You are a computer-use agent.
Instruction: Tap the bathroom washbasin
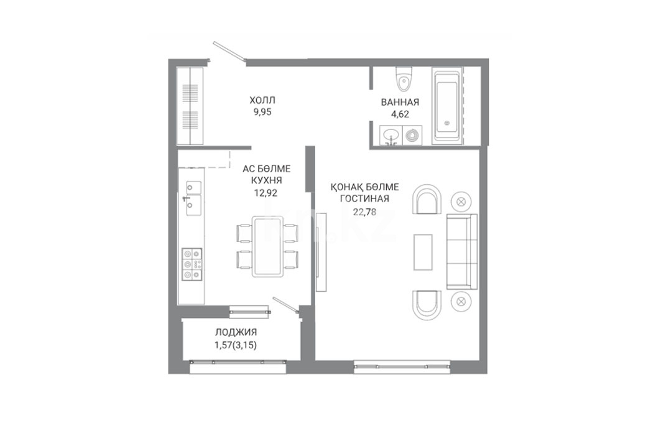(x=391, y=136)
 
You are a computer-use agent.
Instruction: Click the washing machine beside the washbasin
(x=412, y=136)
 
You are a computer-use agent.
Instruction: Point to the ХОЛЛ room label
(x=262, y=100)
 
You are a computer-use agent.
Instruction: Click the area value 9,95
(x=262, y=112)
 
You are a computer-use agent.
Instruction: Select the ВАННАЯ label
(x=400, y=102)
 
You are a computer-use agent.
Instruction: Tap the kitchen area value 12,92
(x=266, y=193)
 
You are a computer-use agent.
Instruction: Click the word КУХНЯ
(x=266, y=180)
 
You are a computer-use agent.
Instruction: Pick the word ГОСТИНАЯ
(x=364, y=198)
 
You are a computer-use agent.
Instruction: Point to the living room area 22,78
(x=364, y=211)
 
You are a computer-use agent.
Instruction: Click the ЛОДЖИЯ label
(x=236, y=332)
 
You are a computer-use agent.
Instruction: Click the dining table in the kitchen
(x=267, y=247)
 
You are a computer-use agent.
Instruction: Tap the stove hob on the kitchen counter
(x=192, y=265)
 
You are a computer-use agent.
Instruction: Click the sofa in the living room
(x=462, y=252)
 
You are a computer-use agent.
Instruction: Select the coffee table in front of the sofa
(x=423, y=252)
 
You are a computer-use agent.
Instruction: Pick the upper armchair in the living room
(x=427, y=200)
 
